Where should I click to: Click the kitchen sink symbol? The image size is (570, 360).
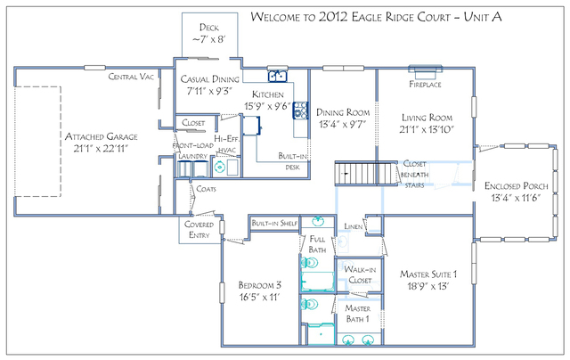[278, 77]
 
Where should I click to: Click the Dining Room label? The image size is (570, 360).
[343, 113]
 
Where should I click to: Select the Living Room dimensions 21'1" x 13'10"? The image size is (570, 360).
[427, 130]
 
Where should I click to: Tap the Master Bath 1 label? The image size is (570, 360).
[360, 314]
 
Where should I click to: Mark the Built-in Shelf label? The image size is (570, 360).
[273, 223]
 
